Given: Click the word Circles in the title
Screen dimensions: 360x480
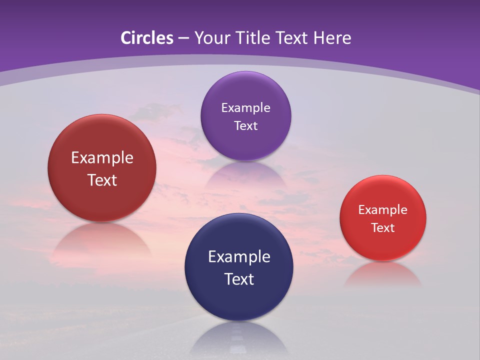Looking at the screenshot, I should (146, 38).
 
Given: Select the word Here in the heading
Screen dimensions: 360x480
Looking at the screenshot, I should (332, 38).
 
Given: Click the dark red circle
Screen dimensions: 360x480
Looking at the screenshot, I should (102, 168).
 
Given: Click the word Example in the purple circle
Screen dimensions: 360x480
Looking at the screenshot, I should (245, 108).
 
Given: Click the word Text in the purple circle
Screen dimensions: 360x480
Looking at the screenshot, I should (245, 126).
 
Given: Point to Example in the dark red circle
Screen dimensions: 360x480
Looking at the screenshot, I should (102, 158).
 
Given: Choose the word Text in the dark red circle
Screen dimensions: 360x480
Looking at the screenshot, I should (102, 180).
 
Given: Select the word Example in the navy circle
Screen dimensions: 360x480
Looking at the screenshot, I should (239, 257).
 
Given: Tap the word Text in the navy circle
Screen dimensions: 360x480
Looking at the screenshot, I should (239, 279).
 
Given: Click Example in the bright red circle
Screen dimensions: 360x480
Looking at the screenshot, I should (383, 210).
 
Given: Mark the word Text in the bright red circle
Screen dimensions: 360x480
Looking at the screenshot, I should (383, 228).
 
